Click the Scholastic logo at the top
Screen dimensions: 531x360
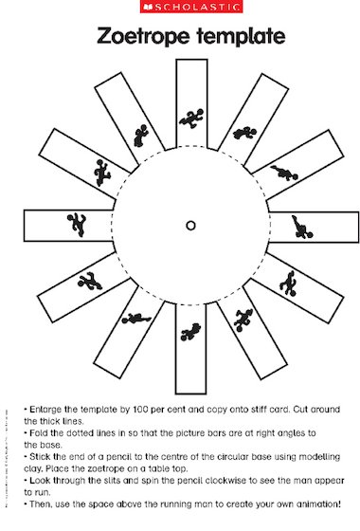pos(179,8)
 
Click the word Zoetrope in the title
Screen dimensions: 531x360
pos(143,38)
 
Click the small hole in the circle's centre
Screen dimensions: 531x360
pos(190,226)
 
